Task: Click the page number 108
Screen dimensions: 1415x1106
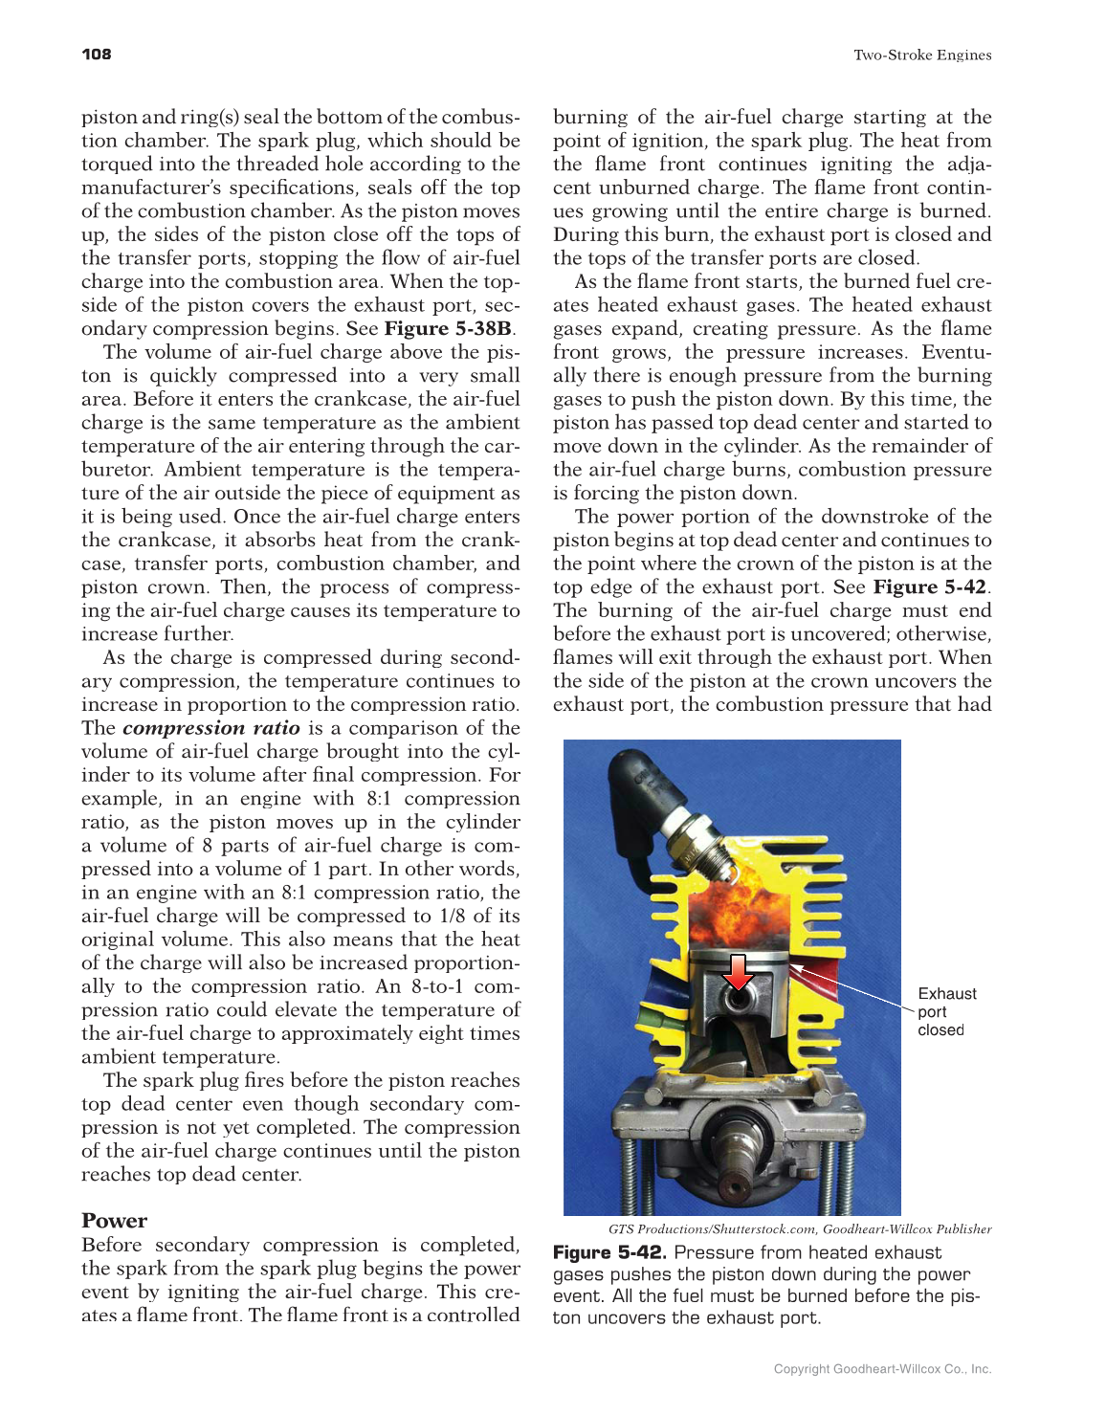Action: (x=97, y=55)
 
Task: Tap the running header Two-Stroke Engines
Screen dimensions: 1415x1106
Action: (x=922, y=55)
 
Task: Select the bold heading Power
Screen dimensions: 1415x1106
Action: (x=114, y=1221)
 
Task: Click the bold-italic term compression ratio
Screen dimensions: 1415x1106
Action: (x=210, y=728)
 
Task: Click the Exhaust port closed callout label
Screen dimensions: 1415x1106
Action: (x=946, y=1011)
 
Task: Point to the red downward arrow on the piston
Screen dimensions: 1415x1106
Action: (x=738, y=971)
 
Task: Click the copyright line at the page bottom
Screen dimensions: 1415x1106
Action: (x=882, y=1369)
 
